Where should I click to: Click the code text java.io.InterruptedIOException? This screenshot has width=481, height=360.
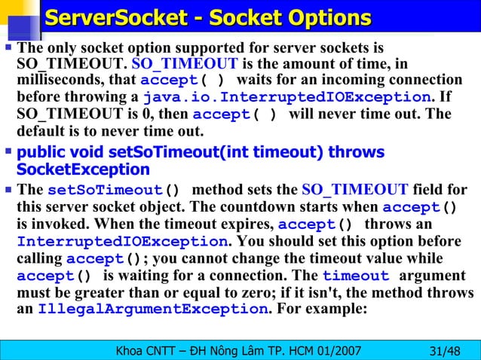(x=286, y=98)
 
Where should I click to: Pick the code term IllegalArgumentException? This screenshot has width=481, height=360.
(x=152, y=310)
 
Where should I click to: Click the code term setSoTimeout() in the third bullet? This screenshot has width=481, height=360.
(x=114, y=190)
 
